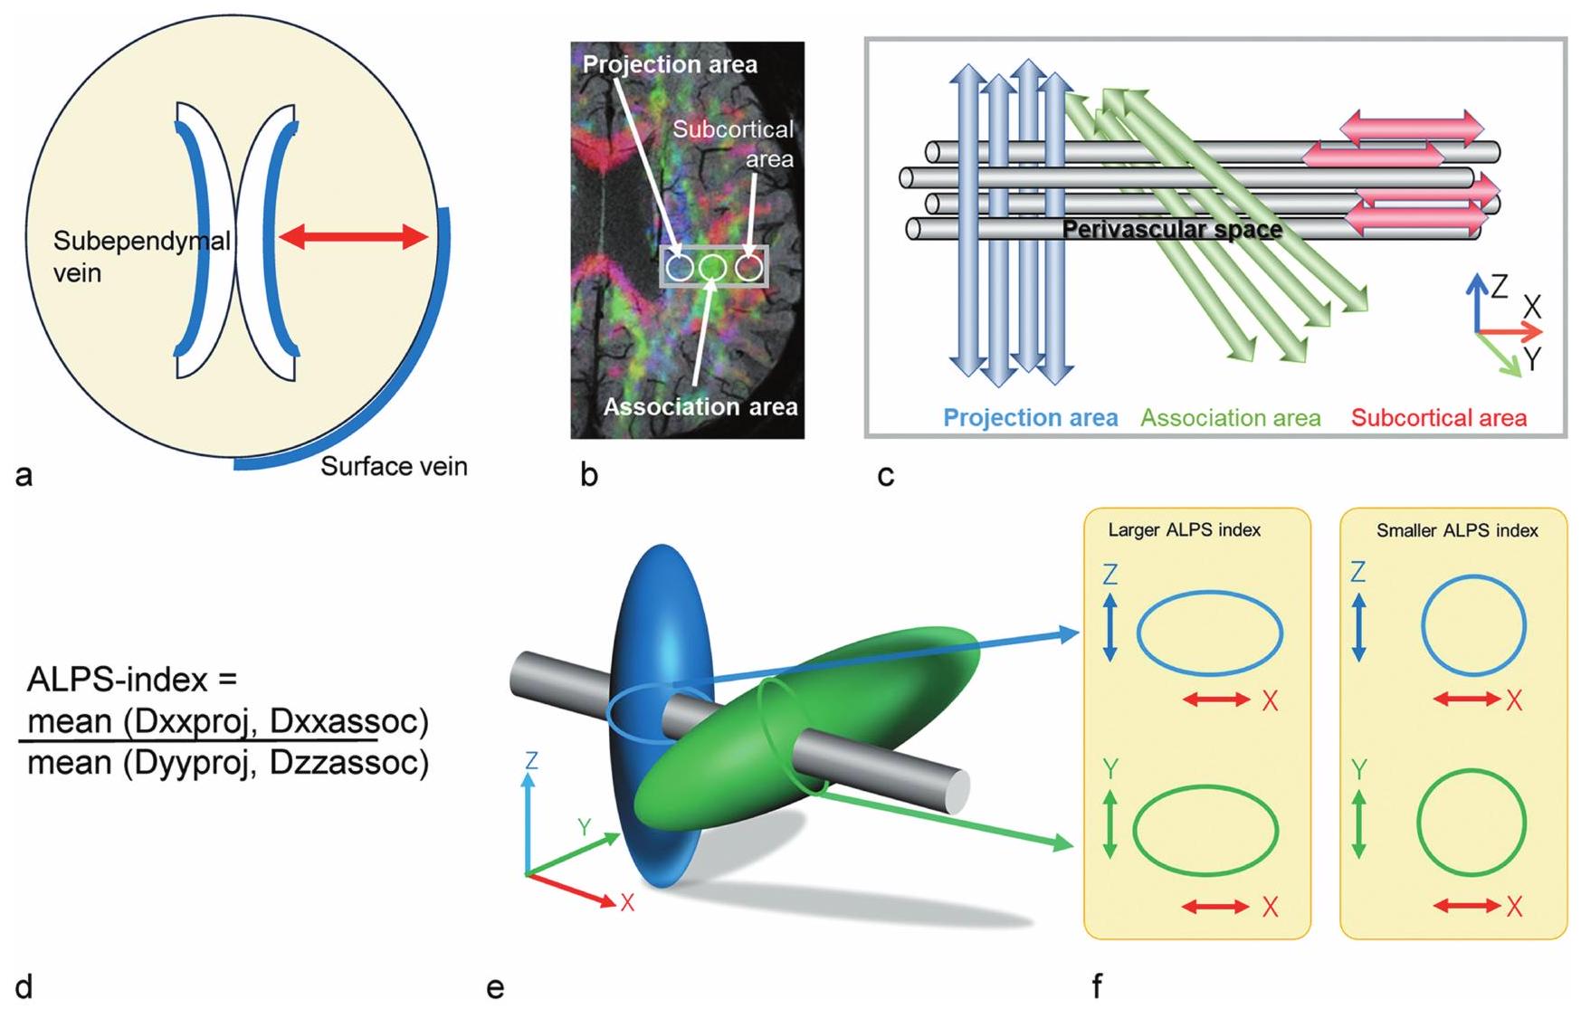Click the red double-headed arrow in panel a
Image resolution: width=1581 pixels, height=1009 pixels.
tap(353, 238)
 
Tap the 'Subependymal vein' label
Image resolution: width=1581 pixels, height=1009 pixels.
tap(141, 256)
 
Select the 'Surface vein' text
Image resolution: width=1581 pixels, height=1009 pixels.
tap(394, 467)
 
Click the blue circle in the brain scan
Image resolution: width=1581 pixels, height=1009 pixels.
tap(680, 268)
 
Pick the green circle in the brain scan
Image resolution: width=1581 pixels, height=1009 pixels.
tap(713, 268)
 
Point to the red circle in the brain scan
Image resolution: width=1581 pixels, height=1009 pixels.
tap(748, 268)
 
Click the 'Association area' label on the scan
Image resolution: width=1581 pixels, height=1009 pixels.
tap(700, 407)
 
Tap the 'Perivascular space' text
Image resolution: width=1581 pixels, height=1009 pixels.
tap(1172, 230)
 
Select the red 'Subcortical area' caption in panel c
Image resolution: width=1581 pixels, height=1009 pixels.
tap(1438, 418)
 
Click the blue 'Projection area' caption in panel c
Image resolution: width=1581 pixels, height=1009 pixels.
tap(1030, 418)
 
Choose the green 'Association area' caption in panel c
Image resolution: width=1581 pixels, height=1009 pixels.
tap(1230, 418)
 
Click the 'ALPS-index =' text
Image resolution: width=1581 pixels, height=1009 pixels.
tap(132, 679)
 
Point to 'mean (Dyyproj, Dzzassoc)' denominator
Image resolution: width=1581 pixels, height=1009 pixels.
tap(228, 763)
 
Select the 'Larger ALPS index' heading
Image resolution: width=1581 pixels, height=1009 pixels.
tap(1184, 530)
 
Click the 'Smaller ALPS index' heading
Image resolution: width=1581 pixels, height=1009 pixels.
tap(1457, 530)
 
